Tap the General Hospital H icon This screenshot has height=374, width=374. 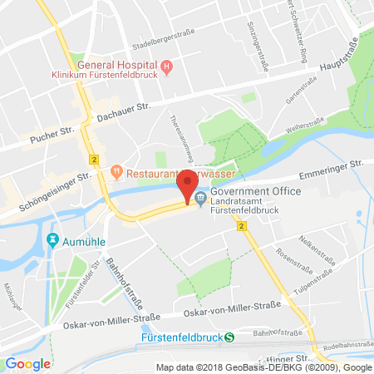coord(166,66)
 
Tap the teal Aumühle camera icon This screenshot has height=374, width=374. coord(52,240)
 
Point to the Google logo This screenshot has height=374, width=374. coord(28,363)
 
